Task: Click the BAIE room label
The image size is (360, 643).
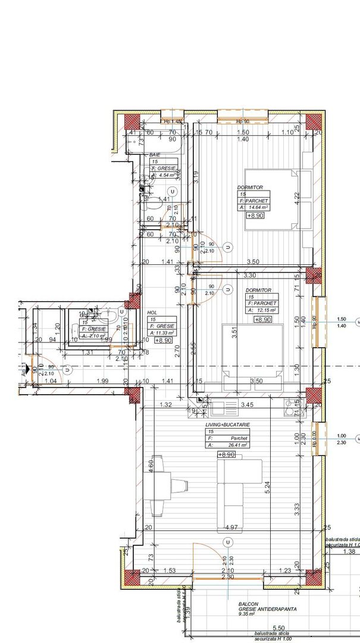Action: click(x=155, y=154)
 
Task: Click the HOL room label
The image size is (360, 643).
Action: click(x=152, y=311)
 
